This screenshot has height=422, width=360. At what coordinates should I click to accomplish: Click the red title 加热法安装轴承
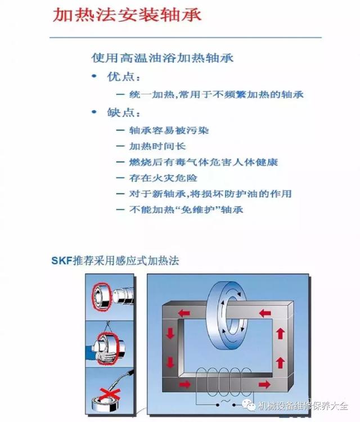[127, 15]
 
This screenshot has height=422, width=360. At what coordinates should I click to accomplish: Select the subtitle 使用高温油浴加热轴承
[162, 58]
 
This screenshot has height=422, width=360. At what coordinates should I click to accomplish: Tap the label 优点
[123, 77]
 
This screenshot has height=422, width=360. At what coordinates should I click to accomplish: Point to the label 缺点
[123, 113]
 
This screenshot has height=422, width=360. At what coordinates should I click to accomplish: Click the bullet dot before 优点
[94, 76]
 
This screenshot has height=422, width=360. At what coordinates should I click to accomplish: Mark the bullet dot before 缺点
[94, 111]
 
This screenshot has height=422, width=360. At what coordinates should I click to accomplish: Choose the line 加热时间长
[157, 146]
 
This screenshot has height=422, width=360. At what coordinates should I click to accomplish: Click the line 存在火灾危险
[163, 178]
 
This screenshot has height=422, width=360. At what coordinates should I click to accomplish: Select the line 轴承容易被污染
[169, 131]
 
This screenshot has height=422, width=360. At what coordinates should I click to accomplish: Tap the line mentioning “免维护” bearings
[186, 210]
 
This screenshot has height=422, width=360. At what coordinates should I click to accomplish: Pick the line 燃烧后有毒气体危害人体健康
[204, 162]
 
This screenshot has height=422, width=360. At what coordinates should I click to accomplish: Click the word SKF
[62, 261]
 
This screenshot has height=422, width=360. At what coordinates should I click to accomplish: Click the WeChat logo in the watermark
[249, 405]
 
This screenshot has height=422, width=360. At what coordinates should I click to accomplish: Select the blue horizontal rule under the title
[186, 37]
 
